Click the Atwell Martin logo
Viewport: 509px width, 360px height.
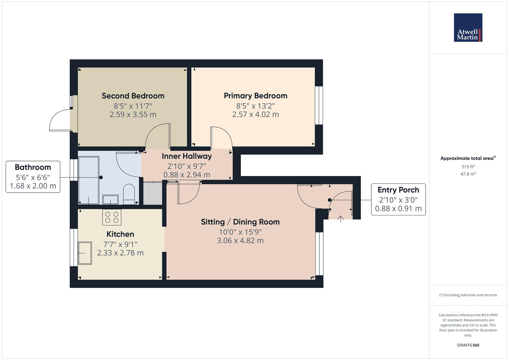click(x=468, y=28)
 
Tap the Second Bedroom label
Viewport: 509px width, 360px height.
click(x=133, y=96)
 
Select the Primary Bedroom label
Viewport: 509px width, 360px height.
click(x=255, y=96)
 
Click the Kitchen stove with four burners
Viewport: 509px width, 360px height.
click(x=112, y=217)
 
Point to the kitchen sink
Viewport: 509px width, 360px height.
click(x=85, y=253)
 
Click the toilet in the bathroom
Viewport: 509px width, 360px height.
click(x=129, y=194)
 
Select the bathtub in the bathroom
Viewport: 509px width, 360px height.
click(x=89, y=180)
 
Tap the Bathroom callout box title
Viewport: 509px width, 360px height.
click(x=33, y=167)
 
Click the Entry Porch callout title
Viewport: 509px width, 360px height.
click(x=398, y=190)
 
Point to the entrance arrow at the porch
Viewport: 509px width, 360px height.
click(x=340, y=219)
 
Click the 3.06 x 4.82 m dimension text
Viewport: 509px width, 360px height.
click(x=240, y=240)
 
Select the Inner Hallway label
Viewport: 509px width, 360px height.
click(x=187, y=156)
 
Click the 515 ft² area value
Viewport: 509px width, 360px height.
click(x=468, y=167)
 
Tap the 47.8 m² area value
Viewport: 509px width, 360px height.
click(x=468, y=174)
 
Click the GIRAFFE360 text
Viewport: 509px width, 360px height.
click(x=468, y=345)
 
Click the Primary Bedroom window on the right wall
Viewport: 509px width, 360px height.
click(x=319, y=105)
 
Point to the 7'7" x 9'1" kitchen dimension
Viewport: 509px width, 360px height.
click(x=120, y=244)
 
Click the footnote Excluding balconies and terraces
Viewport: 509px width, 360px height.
click(x=468, y=295)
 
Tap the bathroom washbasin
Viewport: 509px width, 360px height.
click(x=110, y=199)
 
